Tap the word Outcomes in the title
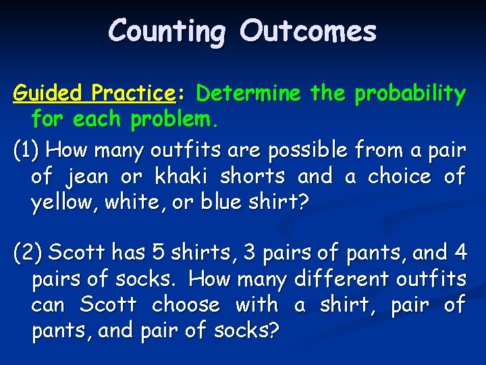[x=308, y=31]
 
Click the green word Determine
[x=250, y=93]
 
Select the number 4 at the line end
[x=460, y=252]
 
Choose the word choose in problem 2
[x=186, y=305]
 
